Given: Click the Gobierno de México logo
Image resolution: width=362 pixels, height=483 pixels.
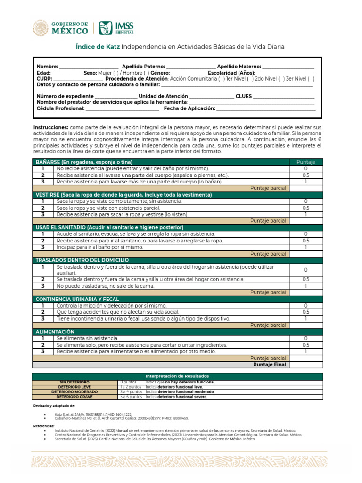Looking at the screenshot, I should coord(60,28).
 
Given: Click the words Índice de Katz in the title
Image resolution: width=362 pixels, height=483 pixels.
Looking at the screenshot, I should coord(98,47).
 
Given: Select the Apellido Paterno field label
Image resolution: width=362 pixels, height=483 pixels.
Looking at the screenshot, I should coord(143,67).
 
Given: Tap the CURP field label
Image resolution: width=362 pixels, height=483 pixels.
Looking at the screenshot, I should coord(44,79).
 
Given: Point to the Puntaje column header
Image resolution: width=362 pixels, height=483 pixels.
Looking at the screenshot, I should coord(305,162).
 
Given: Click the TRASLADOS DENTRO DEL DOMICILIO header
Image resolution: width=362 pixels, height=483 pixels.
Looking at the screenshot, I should coord(82,260).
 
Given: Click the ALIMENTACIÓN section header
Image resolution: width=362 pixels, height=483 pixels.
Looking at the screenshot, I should coord(55,332).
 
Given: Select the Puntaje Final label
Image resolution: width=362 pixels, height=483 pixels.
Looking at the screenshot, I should coord(269,365).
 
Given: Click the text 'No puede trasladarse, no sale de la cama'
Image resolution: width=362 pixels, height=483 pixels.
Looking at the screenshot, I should coord(106,286).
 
